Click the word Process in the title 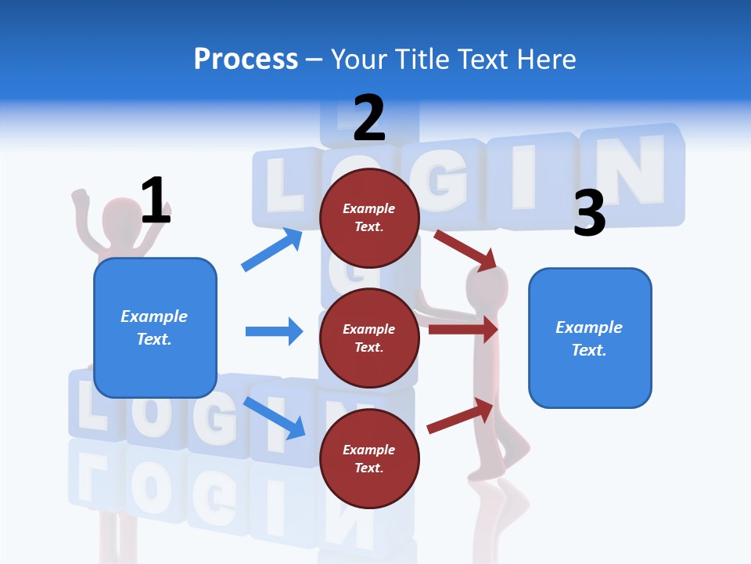246,59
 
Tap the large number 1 156,201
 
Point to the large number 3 589,213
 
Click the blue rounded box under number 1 155,327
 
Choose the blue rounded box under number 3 590,338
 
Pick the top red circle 369,218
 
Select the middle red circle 369,338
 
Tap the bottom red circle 369,458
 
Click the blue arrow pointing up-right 272,250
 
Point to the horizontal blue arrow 274,331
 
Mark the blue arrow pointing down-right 275,418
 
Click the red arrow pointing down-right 465,249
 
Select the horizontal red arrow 463,330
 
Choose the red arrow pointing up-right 461,416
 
